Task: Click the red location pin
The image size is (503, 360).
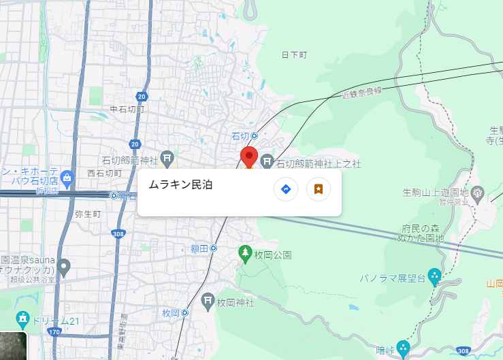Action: pos(249,157)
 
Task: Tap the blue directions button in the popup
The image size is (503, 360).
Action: pos(286,189)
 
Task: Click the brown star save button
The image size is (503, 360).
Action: pos(318,189)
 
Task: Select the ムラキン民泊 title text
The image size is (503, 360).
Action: pos(180,184)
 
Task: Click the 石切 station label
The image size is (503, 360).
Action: pos(241,136)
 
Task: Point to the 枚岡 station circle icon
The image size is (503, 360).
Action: pos(185,313)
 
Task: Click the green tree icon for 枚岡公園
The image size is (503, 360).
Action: pos(245,255)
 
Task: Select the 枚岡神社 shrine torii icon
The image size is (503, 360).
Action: pos(208,300)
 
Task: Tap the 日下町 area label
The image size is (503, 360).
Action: pos(294,54)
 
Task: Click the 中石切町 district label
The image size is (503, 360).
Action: pos(127,109)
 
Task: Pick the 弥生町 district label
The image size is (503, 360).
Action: pos(88,214)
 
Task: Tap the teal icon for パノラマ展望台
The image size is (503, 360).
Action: pos(434,277)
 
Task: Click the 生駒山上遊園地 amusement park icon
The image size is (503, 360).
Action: pos(477,194)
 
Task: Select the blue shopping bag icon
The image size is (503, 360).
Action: pos(67,179)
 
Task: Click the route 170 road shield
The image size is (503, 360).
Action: pos(54,332)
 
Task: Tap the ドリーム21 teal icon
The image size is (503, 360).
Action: pos(22,318)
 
